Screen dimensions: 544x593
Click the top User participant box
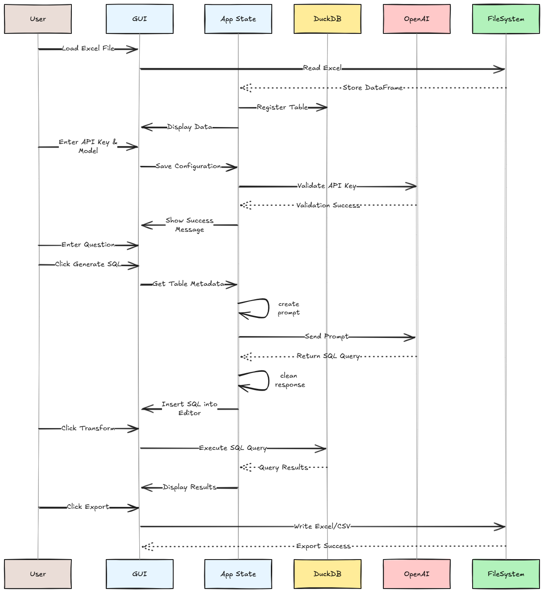(x=38, y=19)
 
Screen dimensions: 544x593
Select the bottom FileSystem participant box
(x=506, y=574)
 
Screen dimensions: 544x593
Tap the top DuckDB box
(x=328, y=19)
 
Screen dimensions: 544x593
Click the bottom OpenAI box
(x=417, y=574)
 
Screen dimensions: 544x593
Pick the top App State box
(x=238, y=19)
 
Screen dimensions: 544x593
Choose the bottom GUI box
(x=139, y=574)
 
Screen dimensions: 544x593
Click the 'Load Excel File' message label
(x=88, y=49)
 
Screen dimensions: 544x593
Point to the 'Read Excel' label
(x=322, y=68)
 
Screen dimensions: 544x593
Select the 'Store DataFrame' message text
(x=373, y=88)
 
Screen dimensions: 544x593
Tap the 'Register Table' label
(x=282, y=107)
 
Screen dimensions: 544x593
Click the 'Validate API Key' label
(x=327, y=186)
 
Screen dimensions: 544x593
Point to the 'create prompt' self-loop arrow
(x=268, y=309)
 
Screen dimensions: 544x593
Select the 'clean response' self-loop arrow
(x=269, y=380)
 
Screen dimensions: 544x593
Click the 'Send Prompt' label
(x=327, y=337)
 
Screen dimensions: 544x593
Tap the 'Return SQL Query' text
(x=328, y=356)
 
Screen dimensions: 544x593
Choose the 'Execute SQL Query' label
(x=233, y=448)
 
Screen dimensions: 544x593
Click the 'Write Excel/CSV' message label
(x=322, y=527)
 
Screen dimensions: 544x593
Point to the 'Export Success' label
(x=323, y=546)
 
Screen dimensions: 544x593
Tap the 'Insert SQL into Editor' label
(x=189, y=408)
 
